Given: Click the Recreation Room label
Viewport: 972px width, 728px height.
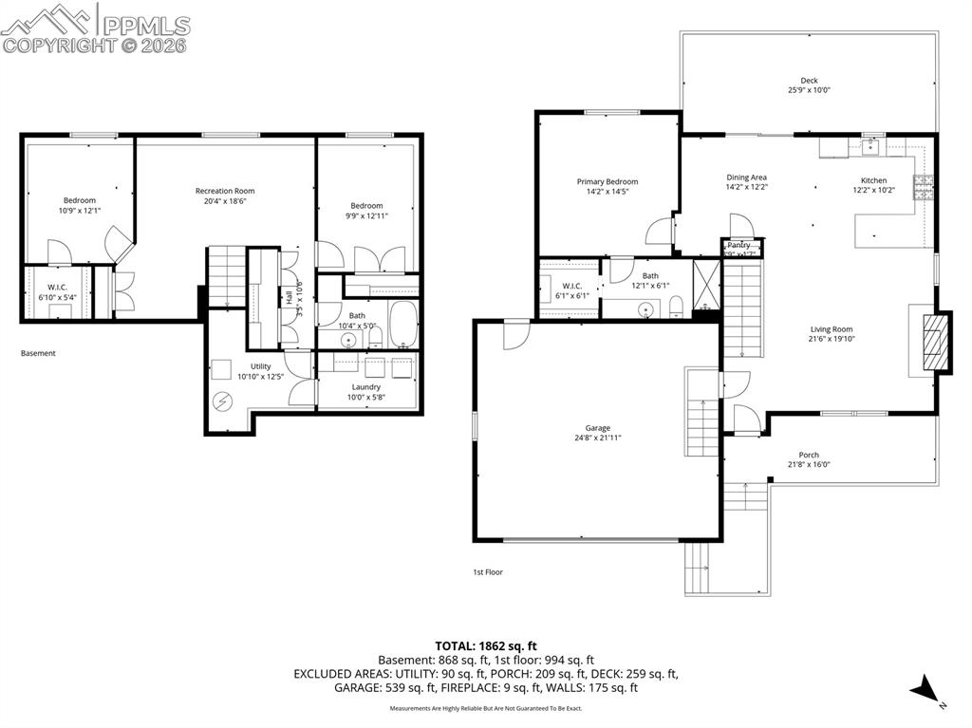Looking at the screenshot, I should (x=225, y=191).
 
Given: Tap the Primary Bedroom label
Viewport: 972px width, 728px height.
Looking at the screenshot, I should (x=607, y=181).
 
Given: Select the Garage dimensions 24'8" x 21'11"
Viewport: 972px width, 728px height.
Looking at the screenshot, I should (x=598, y=439).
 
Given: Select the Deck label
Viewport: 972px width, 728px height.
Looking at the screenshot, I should (x=809, y=81).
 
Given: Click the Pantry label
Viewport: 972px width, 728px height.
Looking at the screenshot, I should (x=738, y=245).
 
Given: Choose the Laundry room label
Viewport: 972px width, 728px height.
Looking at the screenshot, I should (x=366, y=386).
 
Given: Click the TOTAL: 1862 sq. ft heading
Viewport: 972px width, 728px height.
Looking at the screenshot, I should (x=485, y=645).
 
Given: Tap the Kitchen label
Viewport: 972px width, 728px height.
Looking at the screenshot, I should (x=873, y=180).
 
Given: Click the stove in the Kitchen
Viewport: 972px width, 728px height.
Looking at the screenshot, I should (x=925, y=188).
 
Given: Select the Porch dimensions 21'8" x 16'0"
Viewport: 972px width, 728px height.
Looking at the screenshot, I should (x=809, y=465).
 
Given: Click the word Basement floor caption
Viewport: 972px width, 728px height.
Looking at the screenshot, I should (x=38, y=353).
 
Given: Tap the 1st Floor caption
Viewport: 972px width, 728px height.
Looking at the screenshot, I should (x=488, y=572).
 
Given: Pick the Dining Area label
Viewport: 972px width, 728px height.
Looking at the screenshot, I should (x=746, y=177).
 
